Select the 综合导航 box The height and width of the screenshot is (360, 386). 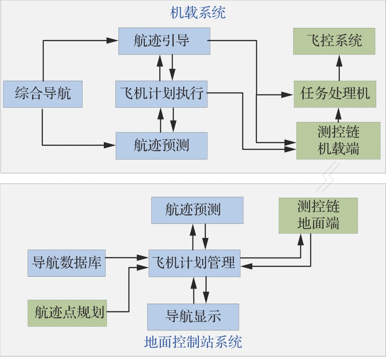tap(43, 94)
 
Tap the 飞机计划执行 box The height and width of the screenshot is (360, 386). tap(161, 94)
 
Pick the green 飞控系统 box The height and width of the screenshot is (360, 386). tap(334, 41)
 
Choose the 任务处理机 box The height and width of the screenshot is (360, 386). tap(335, 94)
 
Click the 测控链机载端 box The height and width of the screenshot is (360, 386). tap(338, 141)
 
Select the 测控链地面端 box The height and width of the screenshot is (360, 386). tap(318, 215)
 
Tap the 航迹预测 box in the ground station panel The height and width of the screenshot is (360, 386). tap(197, 210)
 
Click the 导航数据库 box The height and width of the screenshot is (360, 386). tap(67, 262)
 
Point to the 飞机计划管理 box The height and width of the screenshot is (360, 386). tap(194, 263)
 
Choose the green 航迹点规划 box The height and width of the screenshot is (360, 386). tap(67, 313)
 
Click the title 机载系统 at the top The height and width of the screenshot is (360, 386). tap(198, 12)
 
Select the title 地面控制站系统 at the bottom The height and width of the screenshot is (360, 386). tap(193, 342)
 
